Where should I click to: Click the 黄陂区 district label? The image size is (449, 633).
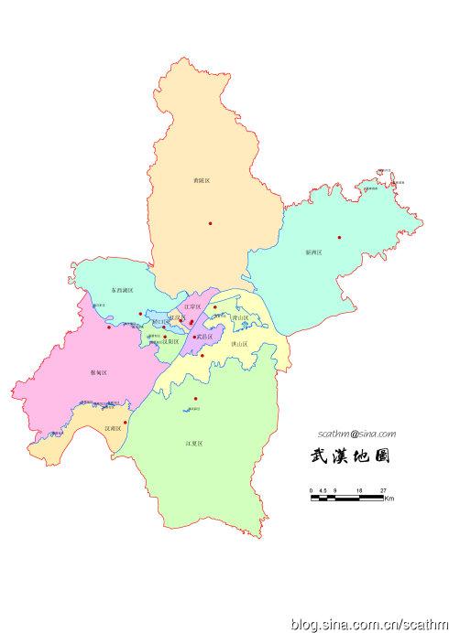pyautogui.click(x=203, y=181)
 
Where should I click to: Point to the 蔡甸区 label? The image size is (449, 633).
pyautogui.click(x=99, y=372)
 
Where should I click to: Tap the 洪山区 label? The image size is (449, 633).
pyautogui.click(x=240, y=343)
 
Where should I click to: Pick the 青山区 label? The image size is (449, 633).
pyautogui.click(x=239, y=318)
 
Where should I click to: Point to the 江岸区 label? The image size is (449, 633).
pyautogui.click(x=192, y=306)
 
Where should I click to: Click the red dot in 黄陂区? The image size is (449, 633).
pyautogui.click(x=210, y=223)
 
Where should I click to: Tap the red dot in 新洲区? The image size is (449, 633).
pyautogui.click(x=339, y=238)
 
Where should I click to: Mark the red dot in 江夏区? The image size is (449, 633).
pyautogui.click(x=196, y=399)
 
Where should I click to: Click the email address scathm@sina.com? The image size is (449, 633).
pyautogui.click(x=356, y=434)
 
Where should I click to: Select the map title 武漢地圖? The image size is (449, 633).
pyautogui.click(x=351, y=456)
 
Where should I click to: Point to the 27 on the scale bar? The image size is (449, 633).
pyautogui.click(x=383, y=491)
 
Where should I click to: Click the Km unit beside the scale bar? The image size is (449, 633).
pyautogui.click(x=389, y=499)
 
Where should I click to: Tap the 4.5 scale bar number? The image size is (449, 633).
pyautogui.click(x=323, y=491)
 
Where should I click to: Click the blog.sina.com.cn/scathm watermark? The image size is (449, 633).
pyautogui.click(x=367, y=624)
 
